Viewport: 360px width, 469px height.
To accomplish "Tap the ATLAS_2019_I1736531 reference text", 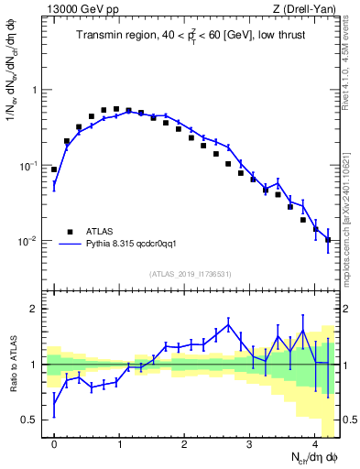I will pos(190,274).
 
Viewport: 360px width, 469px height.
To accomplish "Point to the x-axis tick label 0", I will pos(54,443).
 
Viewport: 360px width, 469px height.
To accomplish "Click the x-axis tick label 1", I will pos(119,443).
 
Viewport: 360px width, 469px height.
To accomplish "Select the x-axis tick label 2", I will pos(184,443).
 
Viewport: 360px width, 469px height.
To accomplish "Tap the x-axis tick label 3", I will pos(249,443).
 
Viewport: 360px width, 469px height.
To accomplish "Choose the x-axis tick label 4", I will pos(314,443).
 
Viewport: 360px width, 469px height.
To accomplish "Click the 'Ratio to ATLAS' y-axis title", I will pos(13,364).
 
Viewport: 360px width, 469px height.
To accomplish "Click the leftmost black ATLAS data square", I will pos(54,169).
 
